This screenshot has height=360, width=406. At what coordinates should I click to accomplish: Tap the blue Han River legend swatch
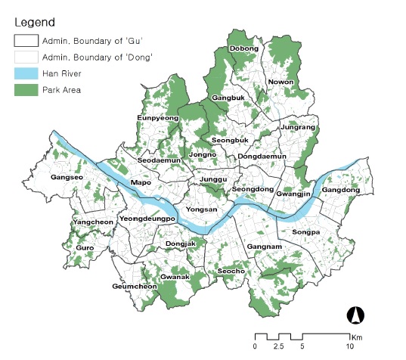pos(27,73)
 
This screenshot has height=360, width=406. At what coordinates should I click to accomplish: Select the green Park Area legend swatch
pos(27,90)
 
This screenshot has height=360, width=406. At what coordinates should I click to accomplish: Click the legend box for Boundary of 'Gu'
pos(27,41)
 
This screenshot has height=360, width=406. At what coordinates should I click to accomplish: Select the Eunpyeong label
pos(157,119)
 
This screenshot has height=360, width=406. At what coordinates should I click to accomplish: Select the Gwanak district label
pos(175,278)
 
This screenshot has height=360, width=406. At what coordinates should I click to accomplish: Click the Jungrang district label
pos(297,127)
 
